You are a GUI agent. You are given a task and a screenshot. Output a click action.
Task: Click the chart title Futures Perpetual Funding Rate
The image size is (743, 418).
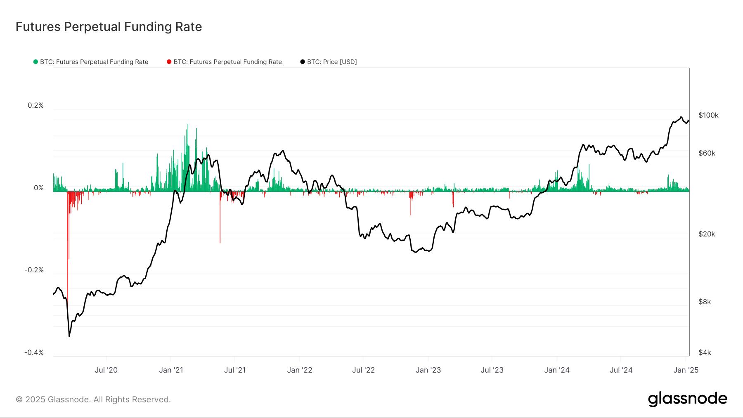click(x=109, y=27)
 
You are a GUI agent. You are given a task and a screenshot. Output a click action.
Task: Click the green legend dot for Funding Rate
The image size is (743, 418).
click(x=35, y=62)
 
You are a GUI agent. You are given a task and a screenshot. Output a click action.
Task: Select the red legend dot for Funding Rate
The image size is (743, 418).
click(x=169, y=62)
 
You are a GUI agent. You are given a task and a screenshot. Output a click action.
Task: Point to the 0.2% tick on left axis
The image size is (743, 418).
click(x=35, y=106)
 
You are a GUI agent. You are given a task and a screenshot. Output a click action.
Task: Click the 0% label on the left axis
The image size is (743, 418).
click(x=38, y=188)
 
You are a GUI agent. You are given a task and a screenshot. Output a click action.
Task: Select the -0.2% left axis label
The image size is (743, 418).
click(x=34, y=270)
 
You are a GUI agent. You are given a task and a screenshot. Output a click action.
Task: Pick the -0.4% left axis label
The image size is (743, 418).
click(x=34, y=353)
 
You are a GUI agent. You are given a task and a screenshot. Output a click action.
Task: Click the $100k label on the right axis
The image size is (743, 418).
click(x=708, y=116)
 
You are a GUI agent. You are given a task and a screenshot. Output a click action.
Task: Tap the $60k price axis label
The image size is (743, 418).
click(x=707, y=154)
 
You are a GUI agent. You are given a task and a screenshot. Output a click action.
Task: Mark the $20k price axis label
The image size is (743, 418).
click(x=707, y=234)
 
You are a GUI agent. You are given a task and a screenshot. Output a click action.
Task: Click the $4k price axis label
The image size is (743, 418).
click(x=705, y=353)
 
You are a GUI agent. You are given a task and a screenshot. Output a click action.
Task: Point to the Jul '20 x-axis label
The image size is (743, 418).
click(x=106, y=370)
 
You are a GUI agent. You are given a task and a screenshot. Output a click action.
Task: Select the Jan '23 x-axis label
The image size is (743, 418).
click(x=428, y=370)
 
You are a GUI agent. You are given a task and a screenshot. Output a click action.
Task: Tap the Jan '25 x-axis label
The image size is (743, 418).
click(x=686, y=370)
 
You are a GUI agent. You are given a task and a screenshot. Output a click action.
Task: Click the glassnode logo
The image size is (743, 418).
click(x=687, y=399)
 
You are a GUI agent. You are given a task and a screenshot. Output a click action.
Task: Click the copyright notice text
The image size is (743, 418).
click(x=93, y=400)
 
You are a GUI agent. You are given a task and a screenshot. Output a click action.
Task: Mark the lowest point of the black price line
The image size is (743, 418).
click(x=69, y=336)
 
